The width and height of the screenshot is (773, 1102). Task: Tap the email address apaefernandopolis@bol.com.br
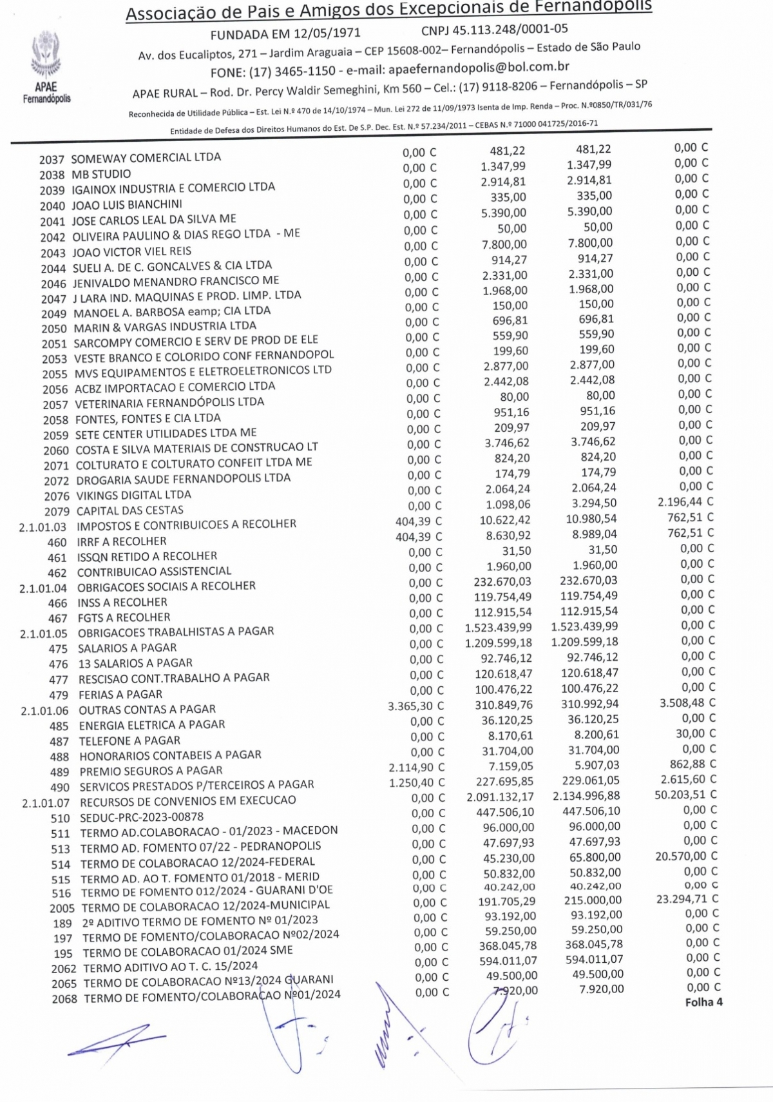point(477,67)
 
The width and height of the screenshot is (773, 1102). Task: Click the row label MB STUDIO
point(101,174)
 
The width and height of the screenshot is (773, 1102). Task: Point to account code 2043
point(53,253)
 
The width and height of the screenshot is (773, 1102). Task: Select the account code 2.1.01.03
point(43,527)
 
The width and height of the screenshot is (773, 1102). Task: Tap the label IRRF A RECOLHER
point(122,541)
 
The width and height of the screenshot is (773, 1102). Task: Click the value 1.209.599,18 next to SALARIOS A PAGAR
point(499,643)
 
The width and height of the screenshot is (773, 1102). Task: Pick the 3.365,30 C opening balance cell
point(415,706)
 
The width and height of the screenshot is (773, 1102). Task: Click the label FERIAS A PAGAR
point(120,695)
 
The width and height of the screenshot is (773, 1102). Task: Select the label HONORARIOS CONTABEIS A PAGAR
point(170,755)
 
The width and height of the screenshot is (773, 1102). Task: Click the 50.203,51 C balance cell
point(685,795)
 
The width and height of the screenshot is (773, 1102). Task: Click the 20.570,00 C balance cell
point(686,856)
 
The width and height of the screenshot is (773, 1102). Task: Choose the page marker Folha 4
point(703,1002)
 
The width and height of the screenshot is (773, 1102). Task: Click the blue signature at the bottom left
point(116,1039)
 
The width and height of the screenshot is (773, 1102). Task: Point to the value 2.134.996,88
point(586,796)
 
